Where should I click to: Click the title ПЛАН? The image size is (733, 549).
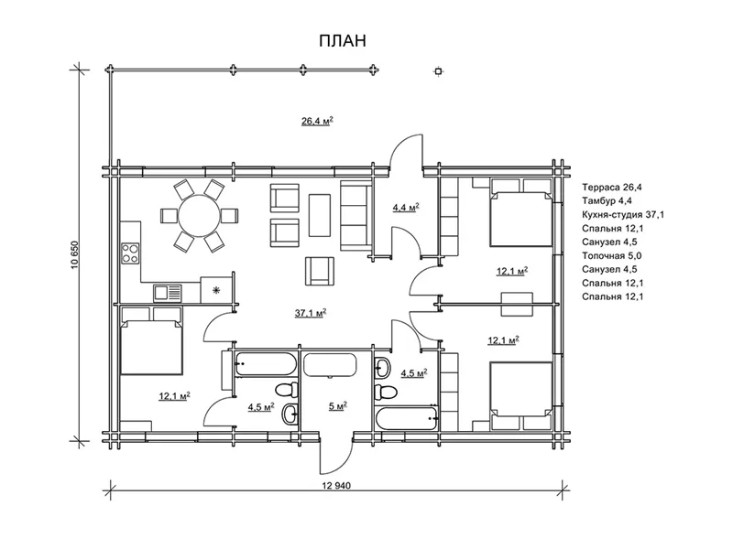pyautogui.click(x=343, y=41)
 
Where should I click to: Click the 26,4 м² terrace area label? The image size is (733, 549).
pyautogui.click(x=317, y=122)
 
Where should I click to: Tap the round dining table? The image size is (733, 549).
pyautogui.click(x=199, y=216)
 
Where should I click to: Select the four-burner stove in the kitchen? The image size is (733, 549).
pyautogui.click(x=130, y=253)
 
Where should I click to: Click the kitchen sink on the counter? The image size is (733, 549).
pyautogui.click(x=167, y=293)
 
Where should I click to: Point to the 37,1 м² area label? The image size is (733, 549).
pyautogui.click(x=311, y=313)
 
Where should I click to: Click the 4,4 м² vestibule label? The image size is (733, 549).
pyautogui.click(x=405, y=208)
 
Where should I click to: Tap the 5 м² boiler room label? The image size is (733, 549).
pyautogui.click(x=337, y=406)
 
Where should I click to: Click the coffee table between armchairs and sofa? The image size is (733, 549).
pyautogui.click(x=319, y=215)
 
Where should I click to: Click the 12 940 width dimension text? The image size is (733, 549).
pyautogui.click(x=336, y=486)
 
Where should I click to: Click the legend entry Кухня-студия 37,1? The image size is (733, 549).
pyautogui.click(x=623, y=215)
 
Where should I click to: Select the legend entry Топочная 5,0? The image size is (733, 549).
pyautogui.click(x=611, y=255)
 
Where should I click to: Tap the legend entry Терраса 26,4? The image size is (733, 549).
pyautogui.click(x=612, y=188)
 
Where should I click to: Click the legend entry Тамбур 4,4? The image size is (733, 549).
pyautogui.click(x=607, y=200)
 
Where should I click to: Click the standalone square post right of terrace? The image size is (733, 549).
pyautogui.click(x=438, y=71)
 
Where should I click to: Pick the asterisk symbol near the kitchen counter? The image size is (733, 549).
pyautogui.click(x=216, y=291)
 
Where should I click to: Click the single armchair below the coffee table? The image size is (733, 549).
pyautogui.click(x=320, y=270)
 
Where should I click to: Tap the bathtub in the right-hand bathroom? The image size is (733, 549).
pyautogui.click(x=407, y=419)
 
